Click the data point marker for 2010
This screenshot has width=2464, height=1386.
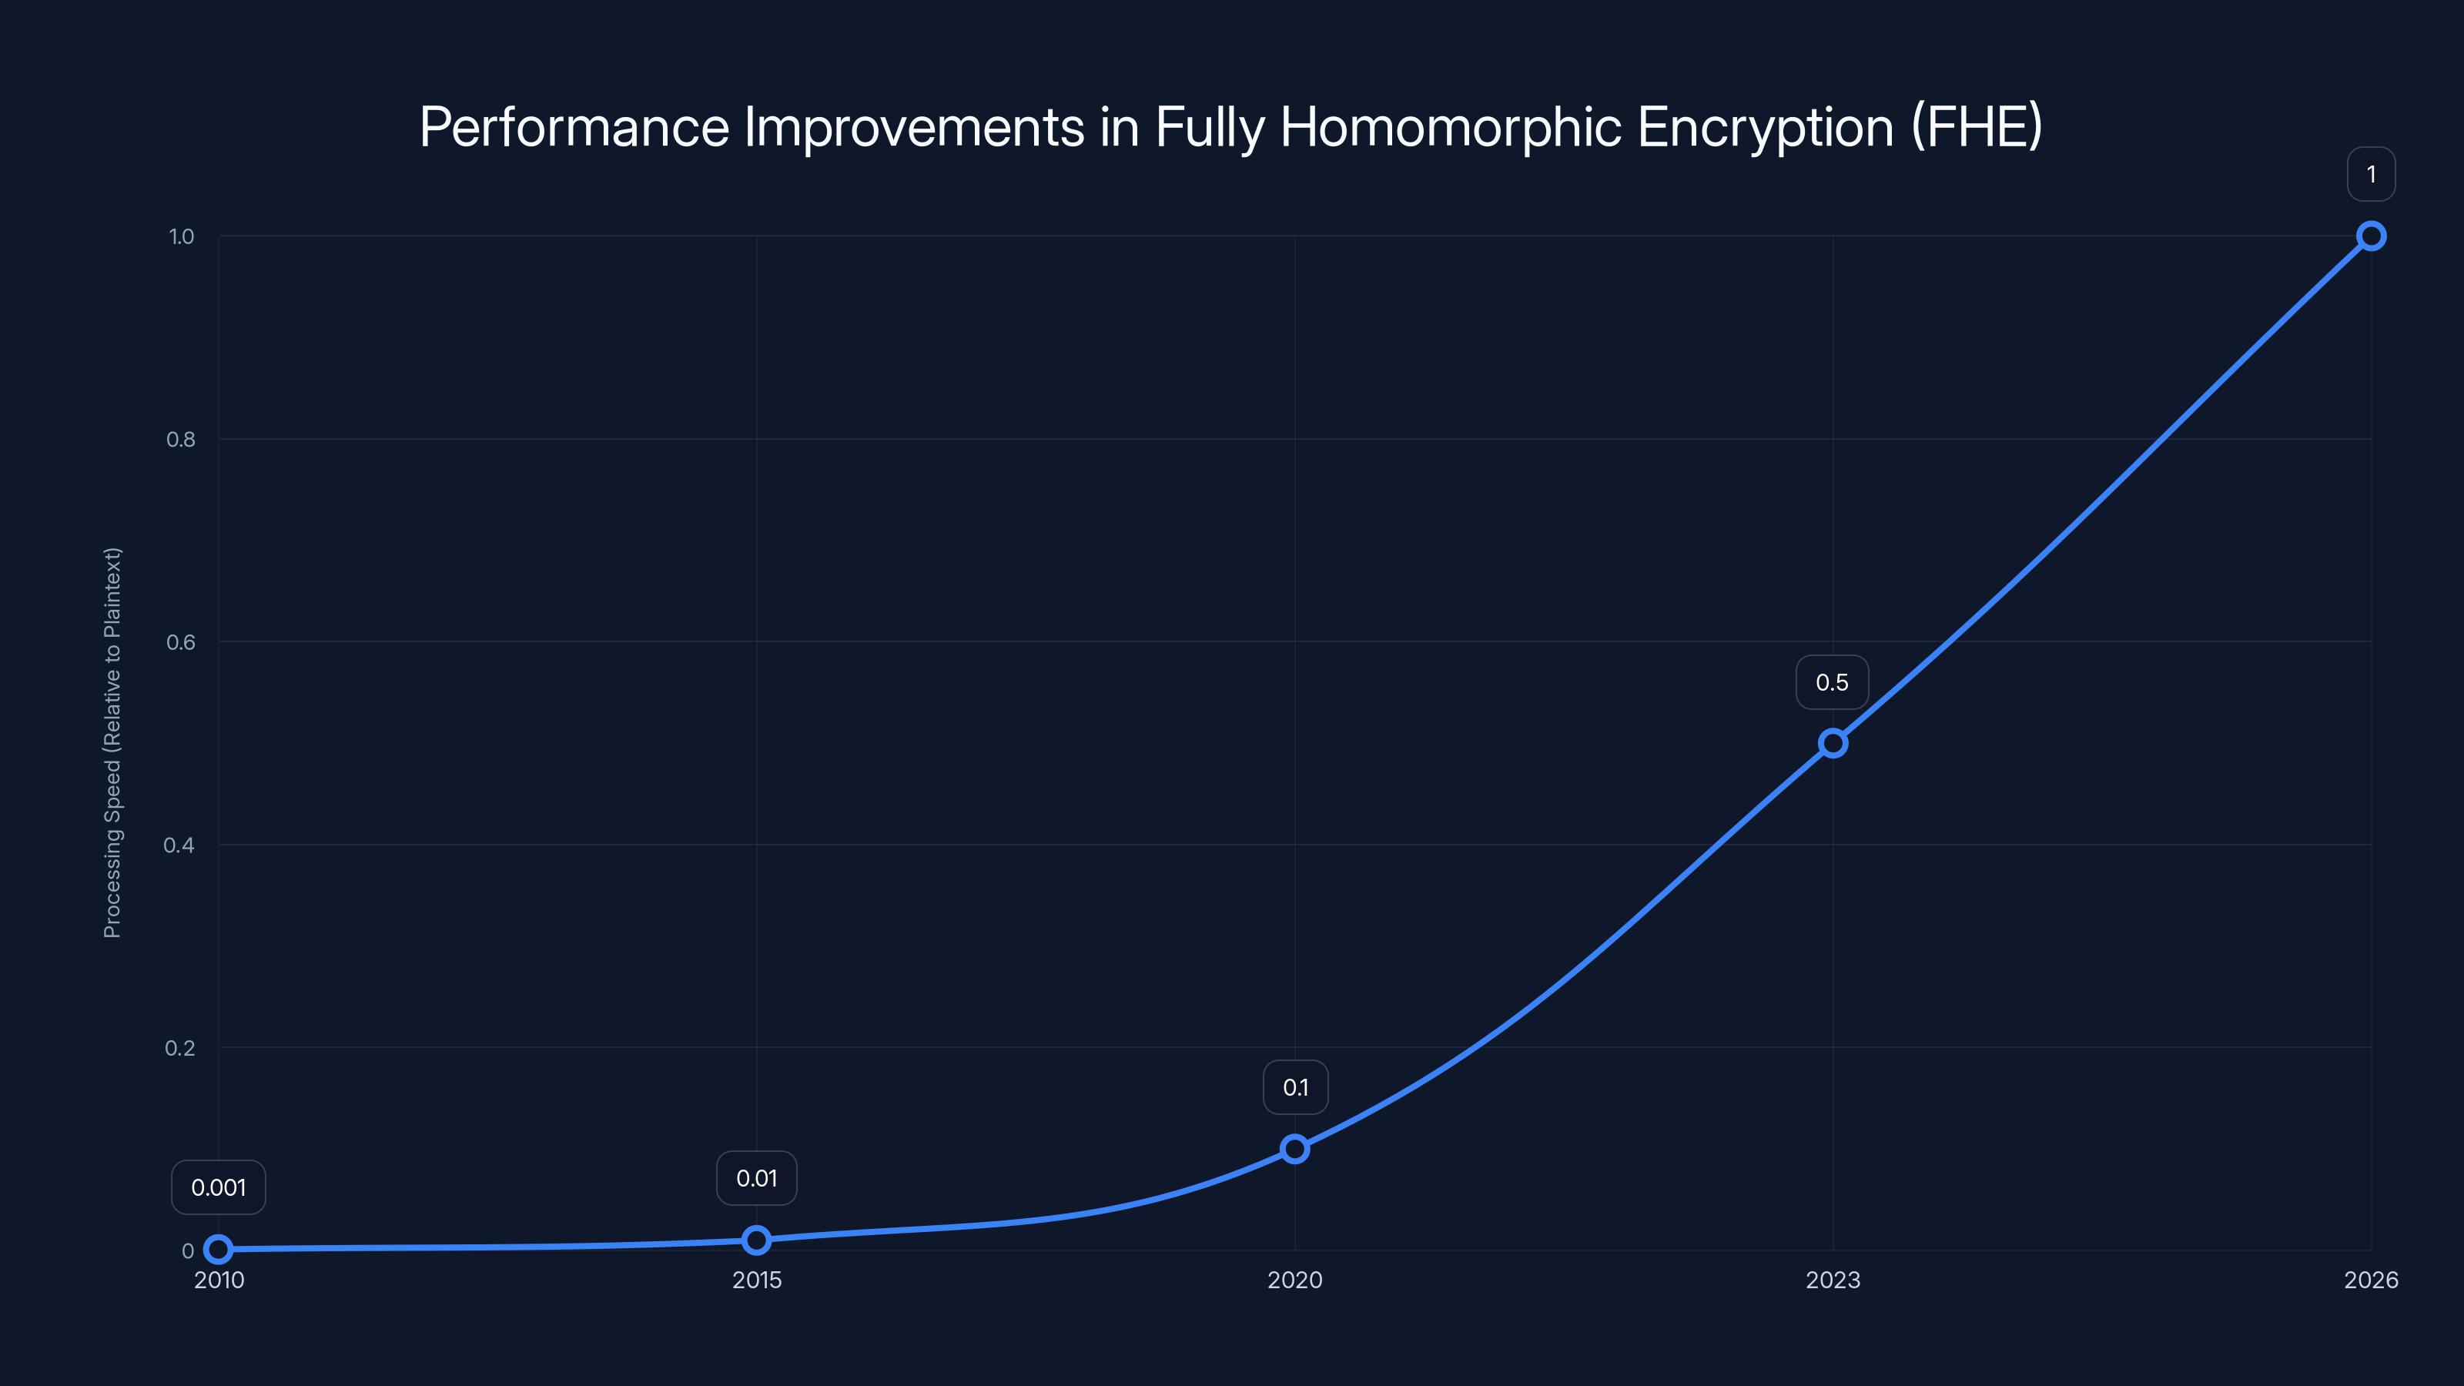pyautogui.click(x=219, y=1248)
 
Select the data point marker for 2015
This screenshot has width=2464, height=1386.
pyautogui.click(x=757, y=1240)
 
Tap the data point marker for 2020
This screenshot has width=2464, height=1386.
pyautogui.click(x=1294, y=1149)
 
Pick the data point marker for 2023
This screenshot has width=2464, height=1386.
pyautogui.click(x=1832, y=743)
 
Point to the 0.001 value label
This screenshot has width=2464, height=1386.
pyautogui.click(x=218, y=1187)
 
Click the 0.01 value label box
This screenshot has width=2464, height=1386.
pyautogui.click(x=757, y=1177)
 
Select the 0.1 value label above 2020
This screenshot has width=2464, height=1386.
pyautogui.click(x=1295, y=1086)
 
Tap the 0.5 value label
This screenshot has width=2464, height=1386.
pyautogui.click(x=1832, y=682)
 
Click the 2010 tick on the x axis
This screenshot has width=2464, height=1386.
pyautogui.click(x=219, y=1280)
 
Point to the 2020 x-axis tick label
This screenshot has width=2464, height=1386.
pyautogui.click(x=1294, y=1280)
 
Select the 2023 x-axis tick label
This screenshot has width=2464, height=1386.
pyautogui.click(x=1832, y=1280)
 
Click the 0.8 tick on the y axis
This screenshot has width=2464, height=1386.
pyautogui.click(x=181, y=439)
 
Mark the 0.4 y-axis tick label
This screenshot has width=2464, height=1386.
pyautogui.click(x=179, y=845)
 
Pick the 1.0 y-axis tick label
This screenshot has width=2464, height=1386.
pyautogui.click(x=181, y=236)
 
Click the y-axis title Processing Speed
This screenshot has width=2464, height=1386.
pyautogui.click(x=112, y=742)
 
